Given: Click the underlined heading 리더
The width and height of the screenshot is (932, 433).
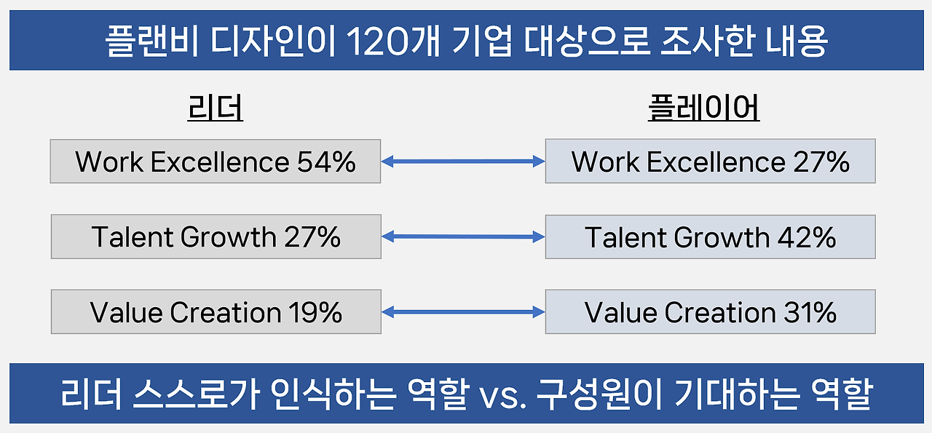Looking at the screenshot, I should [216, 109].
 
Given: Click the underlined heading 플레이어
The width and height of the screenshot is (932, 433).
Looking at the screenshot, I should [703, 109].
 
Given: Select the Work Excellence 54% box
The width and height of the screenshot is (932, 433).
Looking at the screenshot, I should [216, 161].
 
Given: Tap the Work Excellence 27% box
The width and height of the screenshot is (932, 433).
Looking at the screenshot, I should [710, 161].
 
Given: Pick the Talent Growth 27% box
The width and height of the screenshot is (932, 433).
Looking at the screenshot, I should [216, 237].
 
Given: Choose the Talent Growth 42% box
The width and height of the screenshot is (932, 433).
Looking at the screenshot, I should [710, 237].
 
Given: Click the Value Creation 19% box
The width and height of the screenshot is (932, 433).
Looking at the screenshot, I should [216, 312].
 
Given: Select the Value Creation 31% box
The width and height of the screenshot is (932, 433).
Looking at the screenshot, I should [710, 312].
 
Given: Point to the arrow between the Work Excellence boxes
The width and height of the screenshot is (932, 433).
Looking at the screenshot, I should [463, 162].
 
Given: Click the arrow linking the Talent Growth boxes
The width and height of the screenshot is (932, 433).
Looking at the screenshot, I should [463, 237].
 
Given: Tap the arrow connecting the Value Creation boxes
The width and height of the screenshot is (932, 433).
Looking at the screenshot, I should [463, 312].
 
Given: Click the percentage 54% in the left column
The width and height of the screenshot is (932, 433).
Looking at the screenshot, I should [326, 161].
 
